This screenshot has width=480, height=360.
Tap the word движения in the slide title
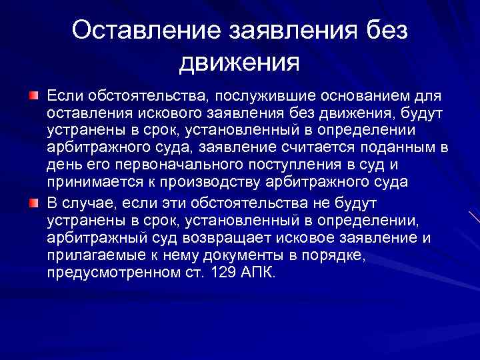[239, 63]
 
